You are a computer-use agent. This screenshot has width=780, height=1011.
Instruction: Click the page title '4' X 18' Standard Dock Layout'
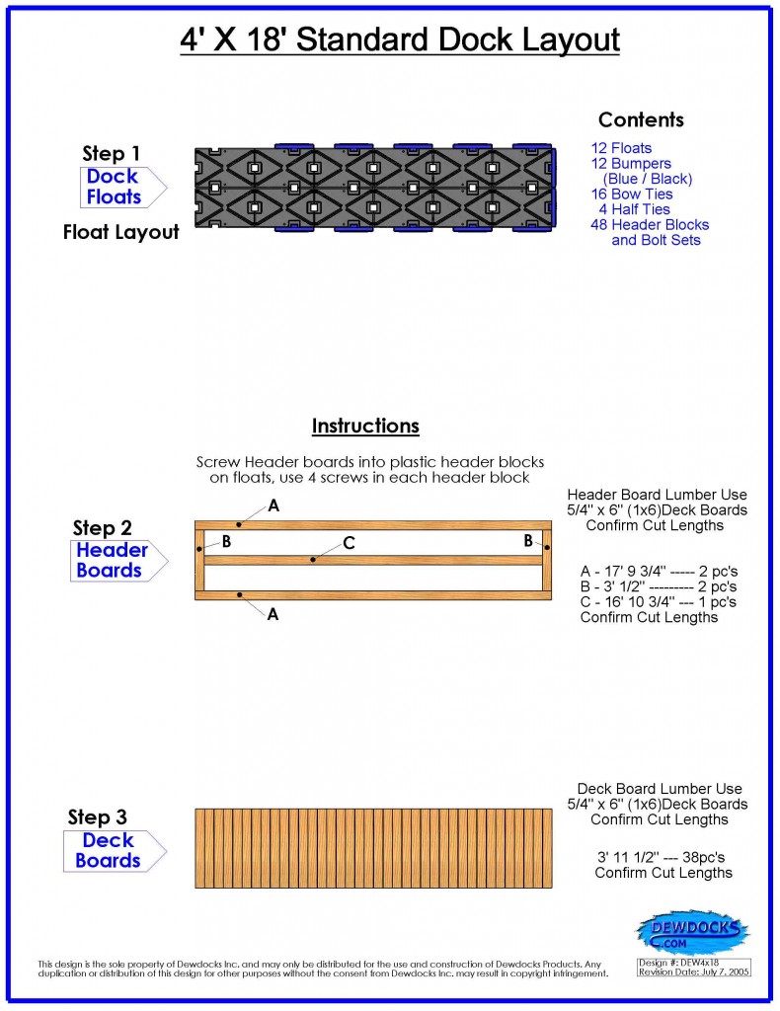tap(400, 40)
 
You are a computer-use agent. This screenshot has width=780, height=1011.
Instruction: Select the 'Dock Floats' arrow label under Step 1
tap(115, 187)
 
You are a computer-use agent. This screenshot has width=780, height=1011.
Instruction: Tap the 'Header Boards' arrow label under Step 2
tap(112, 561)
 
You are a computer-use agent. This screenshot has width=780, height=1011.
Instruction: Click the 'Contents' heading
tap(641, 120)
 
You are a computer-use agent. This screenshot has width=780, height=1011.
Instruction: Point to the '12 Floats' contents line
tap(621, 149)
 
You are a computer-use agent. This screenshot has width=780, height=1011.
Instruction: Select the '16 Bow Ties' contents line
tap(632, 194)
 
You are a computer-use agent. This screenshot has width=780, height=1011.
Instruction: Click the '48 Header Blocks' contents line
tap(650, 225)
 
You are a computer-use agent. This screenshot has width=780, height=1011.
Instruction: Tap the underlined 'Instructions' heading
tap(365, 427)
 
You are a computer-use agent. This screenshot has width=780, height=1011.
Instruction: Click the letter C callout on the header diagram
tap(349, 543)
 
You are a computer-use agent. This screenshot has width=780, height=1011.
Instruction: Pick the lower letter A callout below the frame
tap(273, 613)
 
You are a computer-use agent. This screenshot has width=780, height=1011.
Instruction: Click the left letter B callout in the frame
tap(226, 541)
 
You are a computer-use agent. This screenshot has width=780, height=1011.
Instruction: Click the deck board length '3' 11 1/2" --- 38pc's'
tap(663, 857)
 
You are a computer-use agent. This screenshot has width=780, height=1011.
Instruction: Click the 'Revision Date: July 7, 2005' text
tap(694, 972)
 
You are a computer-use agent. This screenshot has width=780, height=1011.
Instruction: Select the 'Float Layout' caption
tap(121, 233)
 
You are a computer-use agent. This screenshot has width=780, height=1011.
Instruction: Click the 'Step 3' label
tap(97, 817)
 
